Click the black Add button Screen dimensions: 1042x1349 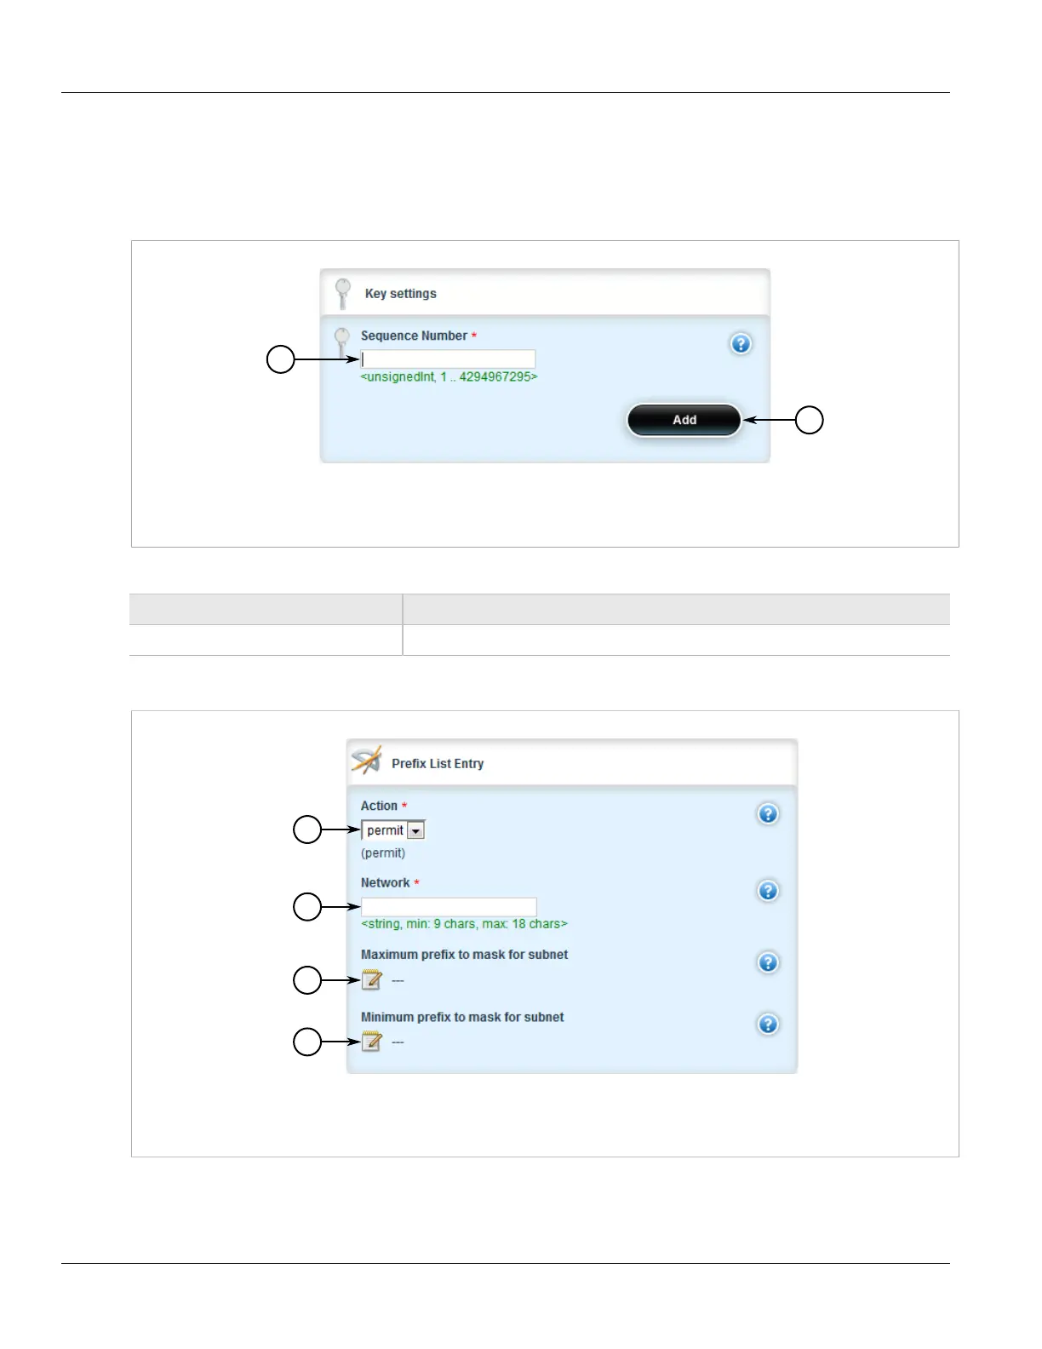(684, 420)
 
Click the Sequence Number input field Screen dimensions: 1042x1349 (448, 359)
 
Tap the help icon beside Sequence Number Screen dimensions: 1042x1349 (741, 343)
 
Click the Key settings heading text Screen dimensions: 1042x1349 (400, 294)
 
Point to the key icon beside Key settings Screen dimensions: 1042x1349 (343, 292)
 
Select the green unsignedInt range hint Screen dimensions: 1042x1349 (449, 376)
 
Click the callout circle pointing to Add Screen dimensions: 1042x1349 (809, 420)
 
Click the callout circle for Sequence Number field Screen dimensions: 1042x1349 (281, 359)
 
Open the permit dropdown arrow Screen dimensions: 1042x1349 (415, 830)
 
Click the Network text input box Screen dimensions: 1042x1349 (449, 906)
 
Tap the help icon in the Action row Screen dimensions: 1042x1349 (767, 813)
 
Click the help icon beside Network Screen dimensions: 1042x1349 (767, 891)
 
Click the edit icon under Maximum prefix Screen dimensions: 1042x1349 (371, 979)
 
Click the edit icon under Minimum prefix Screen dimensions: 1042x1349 (371, 1041)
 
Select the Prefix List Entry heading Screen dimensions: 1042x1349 (438, 764)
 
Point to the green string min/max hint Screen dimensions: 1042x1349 (464, 924)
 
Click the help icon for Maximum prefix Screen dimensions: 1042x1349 (767, 962)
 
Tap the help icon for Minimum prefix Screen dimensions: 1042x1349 (767, 1024)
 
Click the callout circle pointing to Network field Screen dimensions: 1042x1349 (307, 906)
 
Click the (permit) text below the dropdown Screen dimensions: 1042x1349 (383, 853)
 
